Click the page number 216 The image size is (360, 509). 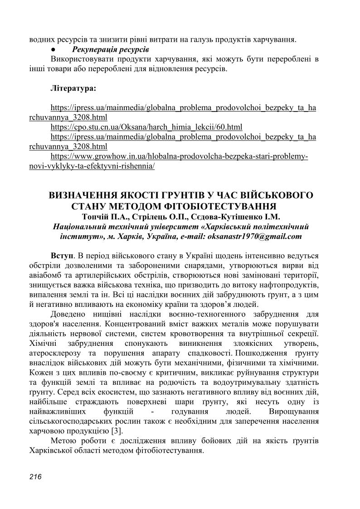click(x=35, y=476)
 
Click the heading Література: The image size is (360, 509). click(x=73, y=88)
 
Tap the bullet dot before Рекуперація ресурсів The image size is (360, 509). click(x=53, y=48)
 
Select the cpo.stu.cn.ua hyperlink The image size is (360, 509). click(x=146, y=127)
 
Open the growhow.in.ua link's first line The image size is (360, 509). click(x=179, y=156)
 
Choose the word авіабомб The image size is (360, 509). click(x=44, y=276)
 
